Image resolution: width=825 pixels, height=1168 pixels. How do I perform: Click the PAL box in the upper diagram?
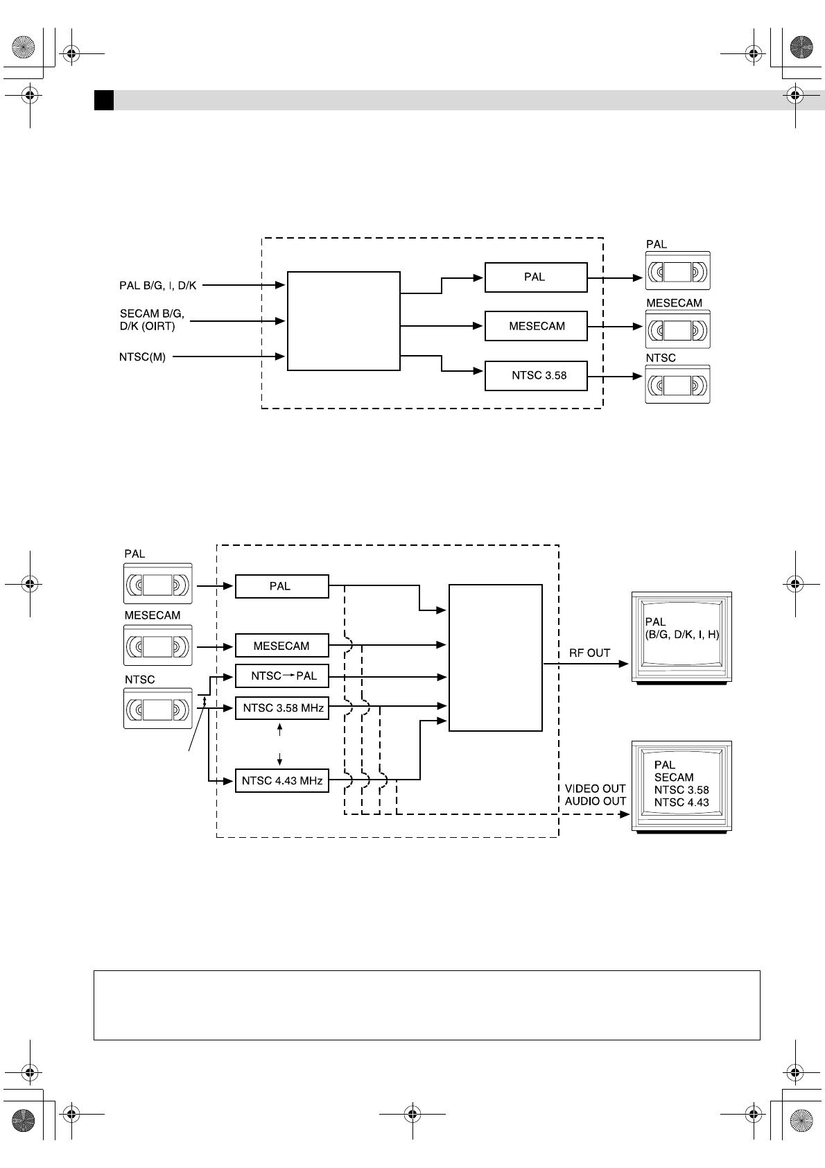point(535,277)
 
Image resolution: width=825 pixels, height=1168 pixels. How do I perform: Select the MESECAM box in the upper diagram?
point(535,326)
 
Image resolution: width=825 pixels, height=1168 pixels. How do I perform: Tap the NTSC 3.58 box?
point(535,376)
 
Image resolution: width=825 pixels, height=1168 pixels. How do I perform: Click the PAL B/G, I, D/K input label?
point(158,285)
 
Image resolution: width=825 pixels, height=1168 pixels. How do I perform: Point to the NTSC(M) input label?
point(142,357)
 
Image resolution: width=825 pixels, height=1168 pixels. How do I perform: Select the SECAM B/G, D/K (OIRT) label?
point(152,320)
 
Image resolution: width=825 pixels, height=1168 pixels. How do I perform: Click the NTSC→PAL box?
point(281,676)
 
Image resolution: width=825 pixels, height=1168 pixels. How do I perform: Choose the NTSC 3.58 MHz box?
point(281,708)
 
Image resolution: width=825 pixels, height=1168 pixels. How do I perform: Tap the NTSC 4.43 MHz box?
point(281,780)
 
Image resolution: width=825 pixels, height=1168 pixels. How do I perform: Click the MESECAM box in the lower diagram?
point(281,646)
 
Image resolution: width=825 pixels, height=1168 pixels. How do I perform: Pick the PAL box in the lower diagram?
point(281,586)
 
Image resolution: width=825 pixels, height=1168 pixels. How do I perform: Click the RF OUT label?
point(589,653)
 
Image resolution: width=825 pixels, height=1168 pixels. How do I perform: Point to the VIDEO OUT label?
point(595,789)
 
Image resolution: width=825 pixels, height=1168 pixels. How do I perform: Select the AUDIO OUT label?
point(595,801)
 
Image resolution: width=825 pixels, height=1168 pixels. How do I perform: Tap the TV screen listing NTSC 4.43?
point(681,787)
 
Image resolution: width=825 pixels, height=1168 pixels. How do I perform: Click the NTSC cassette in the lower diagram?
point(157,708)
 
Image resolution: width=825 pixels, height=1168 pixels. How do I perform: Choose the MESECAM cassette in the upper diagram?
point(677,329)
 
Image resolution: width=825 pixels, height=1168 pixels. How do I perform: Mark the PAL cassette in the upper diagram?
point(677,271)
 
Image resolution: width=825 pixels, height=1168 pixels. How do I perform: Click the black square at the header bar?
point(104,100)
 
